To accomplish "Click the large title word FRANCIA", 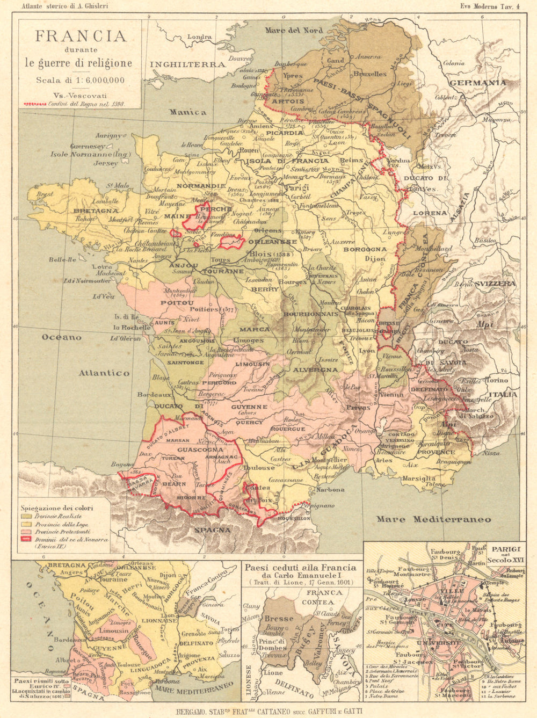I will click(x=81, y=36).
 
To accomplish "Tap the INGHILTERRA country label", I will click(x=187, y=64).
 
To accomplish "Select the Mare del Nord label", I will click(x=294, y=30).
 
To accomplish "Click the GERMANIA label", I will click(x=477, y=83).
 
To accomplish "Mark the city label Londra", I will click(x=199, y=37).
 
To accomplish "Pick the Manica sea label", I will click(x=188, y=112).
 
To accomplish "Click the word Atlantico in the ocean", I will click(x=104, y=373).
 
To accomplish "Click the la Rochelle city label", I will click(x=131, y=327).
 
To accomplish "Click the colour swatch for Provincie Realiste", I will click(x=26, y=516).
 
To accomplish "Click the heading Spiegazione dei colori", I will click(x=57, y=507).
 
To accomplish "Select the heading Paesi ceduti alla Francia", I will click(x=300, y=568).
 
